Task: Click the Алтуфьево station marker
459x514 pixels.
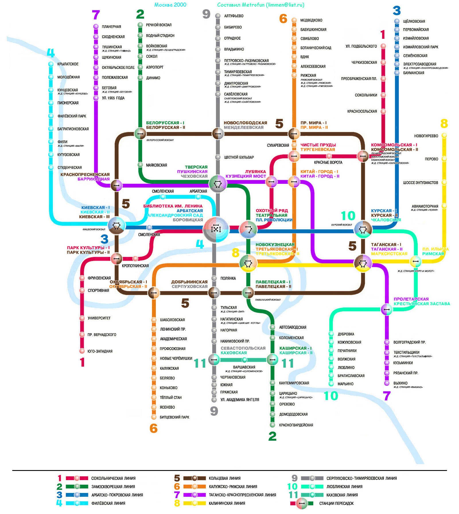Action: [x=218, y=16]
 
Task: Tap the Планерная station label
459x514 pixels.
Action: [x=111, y=27]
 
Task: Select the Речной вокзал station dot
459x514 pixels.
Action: [x=140, y=25]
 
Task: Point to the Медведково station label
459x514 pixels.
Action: [x=311, y=20]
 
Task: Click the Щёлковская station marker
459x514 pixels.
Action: [x=397, y=21]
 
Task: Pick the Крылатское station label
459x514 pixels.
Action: [x=68, y=64]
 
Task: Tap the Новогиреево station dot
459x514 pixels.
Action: [x=444, y=135]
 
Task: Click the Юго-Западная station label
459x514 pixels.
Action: [x=100, y=351]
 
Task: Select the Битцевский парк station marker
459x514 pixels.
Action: [x=154, y=417]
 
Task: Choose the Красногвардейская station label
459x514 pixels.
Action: [x=296, y=425]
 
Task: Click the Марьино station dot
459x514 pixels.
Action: [x=331, y=384]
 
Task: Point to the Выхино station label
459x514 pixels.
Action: [x=400, y=383]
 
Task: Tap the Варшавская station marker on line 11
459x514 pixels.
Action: [x=244, y=360]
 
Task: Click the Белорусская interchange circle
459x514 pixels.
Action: [x=140, y=134]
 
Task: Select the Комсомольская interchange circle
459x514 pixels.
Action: [x=363, y=156]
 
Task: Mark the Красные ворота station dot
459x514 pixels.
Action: [x=329, y=156]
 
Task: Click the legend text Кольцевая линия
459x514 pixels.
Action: [x=224, y=478]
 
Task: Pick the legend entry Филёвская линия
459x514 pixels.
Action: [x=108, y=503]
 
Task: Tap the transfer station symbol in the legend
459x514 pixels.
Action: [x=302, y=503]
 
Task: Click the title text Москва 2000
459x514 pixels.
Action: [x=170, y=5]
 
